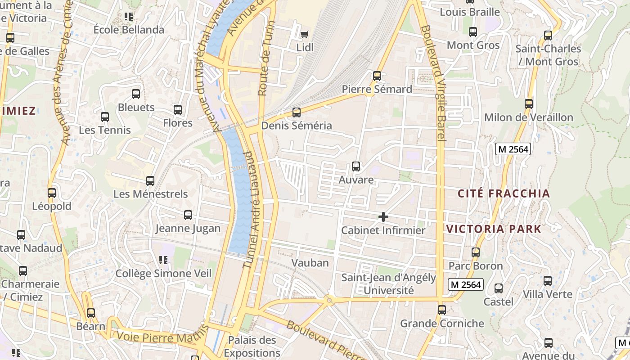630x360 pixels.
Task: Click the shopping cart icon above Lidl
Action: pyautogui.click(x=305, y=34)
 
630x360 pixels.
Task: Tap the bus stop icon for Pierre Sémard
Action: pyautogui.click(x=377, y=76)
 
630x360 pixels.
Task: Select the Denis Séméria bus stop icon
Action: pyautogui.click(x=296, y=112)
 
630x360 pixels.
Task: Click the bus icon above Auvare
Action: pyautogui.click(x=356, y=166)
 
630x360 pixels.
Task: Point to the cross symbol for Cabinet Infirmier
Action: pyautogui.click(x=383, y=217)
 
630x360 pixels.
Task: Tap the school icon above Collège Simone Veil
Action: pyautogui.click(x=163, y=260)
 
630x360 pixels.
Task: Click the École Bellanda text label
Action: pyautogui.click(x=129, y=30)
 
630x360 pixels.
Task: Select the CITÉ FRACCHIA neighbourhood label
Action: pyautogui.click(x=504, y=193)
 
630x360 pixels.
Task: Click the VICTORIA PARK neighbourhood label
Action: pyautogui.click(x=494, y=229)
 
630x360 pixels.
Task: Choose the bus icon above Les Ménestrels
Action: pyautogui.click(x=150, y=181)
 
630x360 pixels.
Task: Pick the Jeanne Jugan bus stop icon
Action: pyautogui.click(x=188, y=215)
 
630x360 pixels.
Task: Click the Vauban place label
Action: pyautogui.click(x=310, y=263)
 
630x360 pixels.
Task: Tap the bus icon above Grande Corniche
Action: pyautogui.click(x=442, y=310)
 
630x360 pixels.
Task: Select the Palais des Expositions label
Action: pyautogui.click(x=252, y=346)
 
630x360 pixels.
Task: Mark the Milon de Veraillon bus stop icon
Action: pyautogui.click(x=529, y=104)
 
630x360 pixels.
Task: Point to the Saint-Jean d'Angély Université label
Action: pyautogui.click(x=388, y=284)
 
